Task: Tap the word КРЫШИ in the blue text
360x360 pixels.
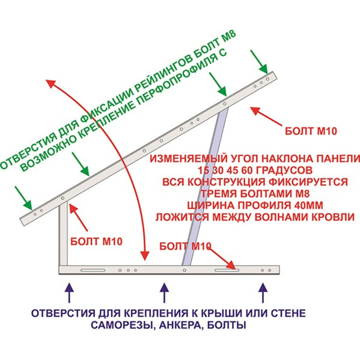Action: coord(212,313)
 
